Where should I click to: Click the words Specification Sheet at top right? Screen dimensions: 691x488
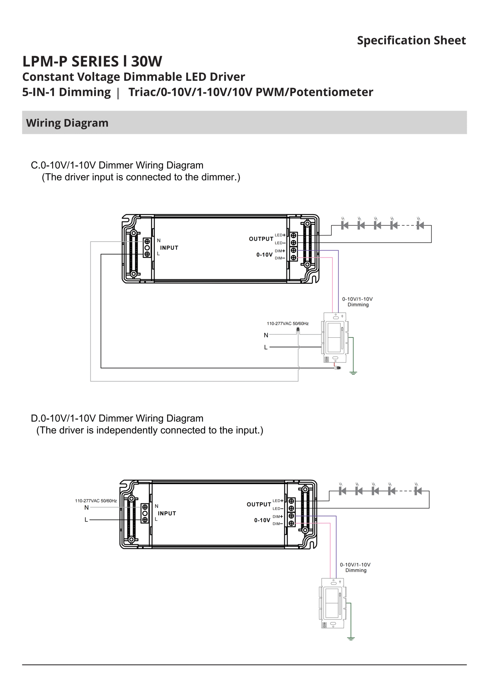pos(411,40)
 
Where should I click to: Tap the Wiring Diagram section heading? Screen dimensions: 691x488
pos(67,123)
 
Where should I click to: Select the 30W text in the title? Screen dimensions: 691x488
pos(147,61)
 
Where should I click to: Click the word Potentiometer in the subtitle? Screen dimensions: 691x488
pos(331,92)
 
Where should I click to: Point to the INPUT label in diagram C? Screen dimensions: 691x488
pos(169,248)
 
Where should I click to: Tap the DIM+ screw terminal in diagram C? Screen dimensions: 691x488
pos(293,250)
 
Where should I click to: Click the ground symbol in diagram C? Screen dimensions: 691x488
pos(353,373)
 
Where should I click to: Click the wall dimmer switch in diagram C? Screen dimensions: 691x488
pos(335,337)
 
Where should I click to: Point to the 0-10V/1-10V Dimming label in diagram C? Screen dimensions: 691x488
pos(357,302)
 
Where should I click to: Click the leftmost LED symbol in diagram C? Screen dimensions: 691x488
pos(345,225)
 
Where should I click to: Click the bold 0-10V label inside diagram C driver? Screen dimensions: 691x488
pos(264,255)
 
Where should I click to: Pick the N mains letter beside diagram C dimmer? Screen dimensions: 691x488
pos(266,335)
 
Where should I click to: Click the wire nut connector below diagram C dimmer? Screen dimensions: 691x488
pos(337,368)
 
